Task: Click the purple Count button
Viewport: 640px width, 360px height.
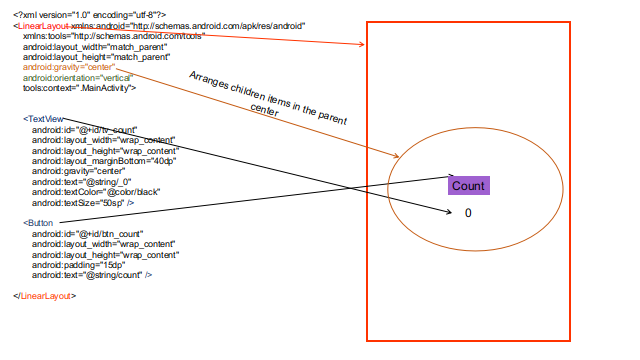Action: pyautogui.click(x=468, y=186)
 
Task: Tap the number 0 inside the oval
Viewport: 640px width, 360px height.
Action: pyautogui.click(x=467, y=213)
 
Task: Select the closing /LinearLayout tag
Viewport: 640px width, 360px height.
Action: pyautogui.click(x=45, y=295)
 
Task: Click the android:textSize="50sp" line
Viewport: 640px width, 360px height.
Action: pyautogui.click(x=84, y=201)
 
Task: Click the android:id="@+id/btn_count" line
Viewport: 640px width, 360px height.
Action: pyautogui.click(x=86, y=233)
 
